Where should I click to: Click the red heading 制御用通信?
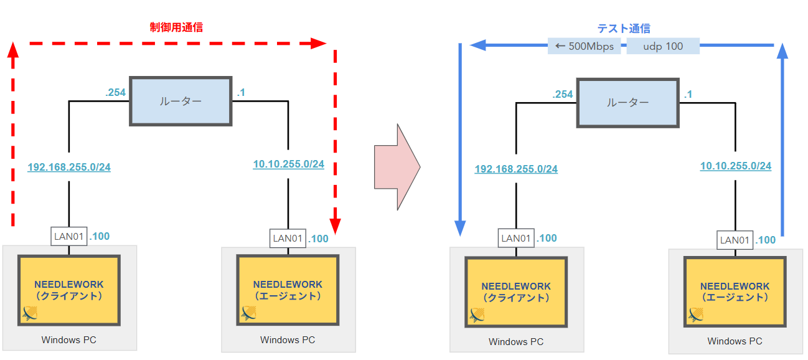176,27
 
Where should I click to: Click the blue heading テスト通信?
623,29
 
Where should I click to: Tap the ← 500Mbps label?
584,46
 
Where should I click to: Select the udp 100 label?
663,46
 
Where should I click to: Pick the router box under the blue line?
626,103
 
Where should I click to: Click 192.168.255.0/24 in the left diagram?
69,167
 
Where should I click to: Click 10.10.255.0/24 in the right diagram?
735,166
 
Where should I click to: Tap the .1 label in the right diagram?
688,95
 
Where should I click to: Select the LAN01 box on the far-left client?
68,237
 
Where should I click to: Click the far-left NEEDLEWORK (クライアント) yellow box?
69,290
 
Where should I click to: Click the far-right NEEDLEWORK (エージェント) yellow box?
735,291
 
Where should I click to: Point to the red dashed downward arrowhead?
336,224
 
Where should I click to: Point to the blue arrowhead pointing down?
460,228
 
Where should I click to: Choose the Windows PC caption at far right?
735,341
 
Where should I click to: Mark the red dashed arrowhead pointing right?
319,44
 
